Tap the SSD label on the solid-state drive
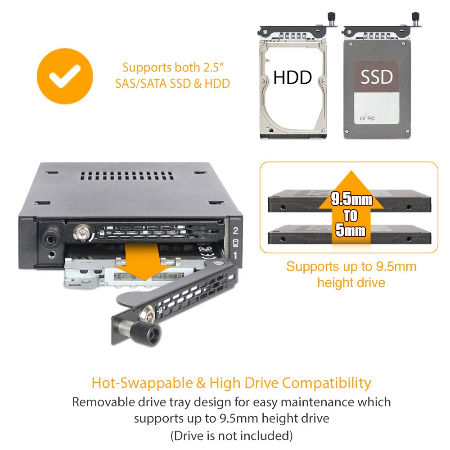pos(376,77)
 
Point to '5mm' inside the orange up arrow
pos(351,231)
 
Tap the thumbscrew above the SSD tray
pos(416,19)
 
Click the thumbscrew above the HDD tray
pos(333,19)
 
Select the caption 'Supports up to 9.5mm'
pos(351,266)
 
